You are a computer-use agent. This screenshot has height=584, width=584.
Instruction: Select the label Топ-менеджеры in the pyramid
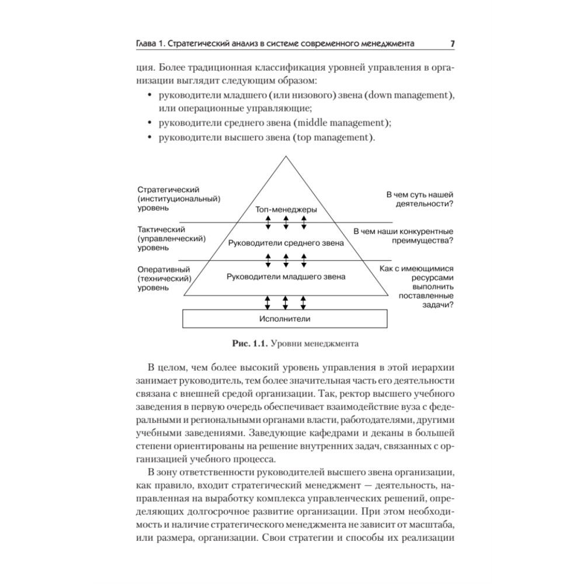[x=286, y=209]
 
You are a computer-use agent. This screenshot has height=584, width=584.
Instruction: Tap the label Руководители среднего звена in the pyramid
[x=286, y=242]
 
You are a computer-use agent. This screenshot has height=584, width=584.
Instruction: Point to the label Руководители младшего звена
[x=286, y=276]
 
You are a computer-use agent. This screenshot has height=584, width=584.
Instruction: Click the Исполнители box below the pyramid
[x=285, y=319]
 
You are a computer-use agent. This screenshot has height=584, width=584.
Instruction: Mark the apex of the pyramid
[x=286, y=157]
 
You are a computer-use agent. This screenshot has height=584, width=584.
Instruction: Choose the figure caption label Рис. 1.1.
[x=249, y=343]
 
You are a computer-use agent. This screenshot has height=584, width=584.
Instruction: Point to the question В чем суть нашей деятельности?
[x=420, y=200]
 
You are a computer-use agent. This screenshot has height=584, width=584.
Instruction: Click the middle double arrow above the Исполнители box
[x=286, y=302]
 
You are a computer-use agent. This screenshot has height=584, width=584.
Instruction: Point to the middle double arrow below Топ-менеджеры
[x=286, y=223]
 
